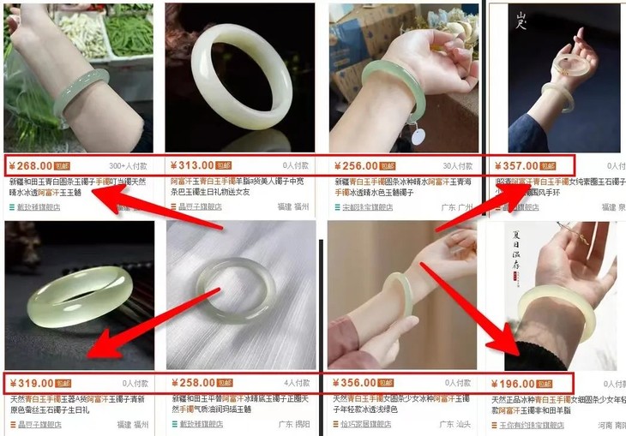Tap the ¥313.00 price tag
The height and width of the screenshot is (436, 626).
point(190,165)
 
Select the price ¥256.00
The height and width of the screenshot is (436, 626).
point(353,165)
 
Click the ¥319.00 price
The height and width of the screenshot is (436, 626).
point(29,383)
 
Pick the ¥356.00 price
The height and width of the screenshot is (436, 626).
point(353,383)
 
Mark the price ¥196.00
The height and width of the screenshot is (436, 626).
point(514,383)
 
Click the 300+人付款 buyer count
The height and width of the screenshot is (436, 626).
point(129,166)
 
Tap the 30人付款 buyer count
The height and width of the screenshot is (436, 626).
point(459,166)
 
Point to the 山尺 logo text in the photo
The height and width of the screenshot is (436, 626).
point(523,21)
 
